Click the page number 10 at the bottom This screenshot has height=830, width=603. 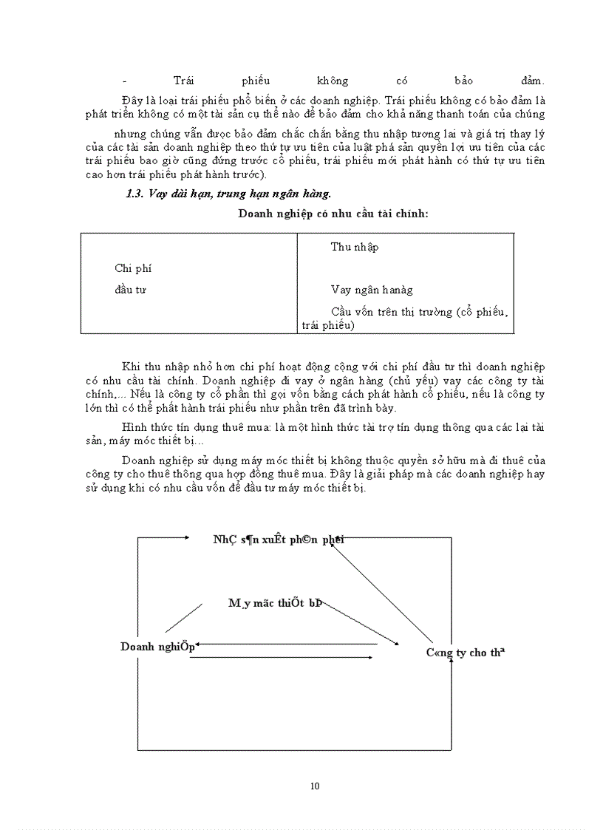(x=316, y=786)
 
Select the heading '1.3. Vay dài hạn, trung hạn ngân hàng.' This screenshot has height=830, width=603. (x=228, y=194)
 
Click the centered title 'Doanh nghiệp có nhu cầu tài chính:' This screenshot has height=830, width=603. (x=333, y=214)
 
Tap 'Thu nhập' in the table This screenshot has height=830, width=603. (x=355, y=247)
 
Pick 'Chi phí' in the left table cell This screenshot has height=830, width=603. (x=133, y=268)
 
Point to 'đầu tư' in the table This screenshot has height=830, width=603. (x=130, y=290)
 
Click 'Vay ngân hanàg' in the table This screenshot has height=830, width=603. (x=372, y=290)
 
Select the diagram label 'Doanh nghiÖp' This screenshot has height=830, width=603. (x=157, y=646)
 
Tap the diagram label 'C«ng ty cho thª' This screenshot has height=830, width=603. (x=465, y=653)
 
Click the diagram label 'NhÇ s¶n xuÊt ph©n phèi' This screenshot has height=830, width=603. (x=279, y=539)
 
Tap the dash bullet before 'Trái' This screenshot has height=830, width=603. (x=124, y=81)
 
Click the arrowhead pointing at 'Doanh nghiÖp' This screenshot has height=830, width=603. (x=198, y=644)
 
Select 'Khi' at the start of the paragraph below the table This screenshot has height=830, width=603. (x=130, y=367)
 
